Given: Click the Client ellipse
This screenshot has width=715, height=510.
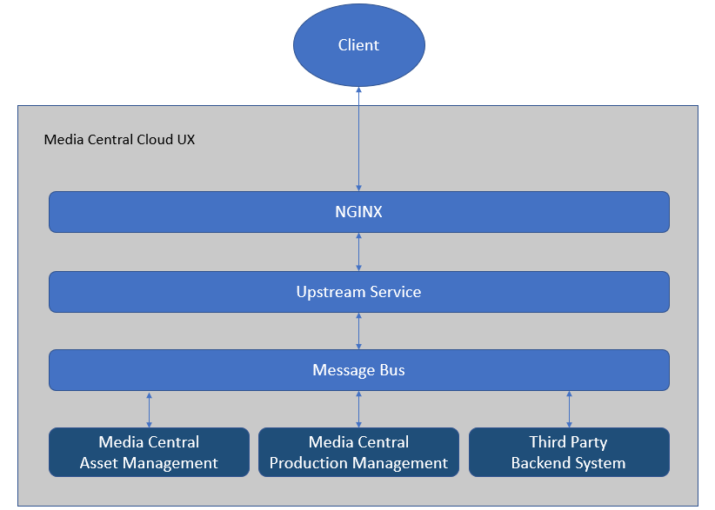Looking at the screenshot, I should (x=358, y=45).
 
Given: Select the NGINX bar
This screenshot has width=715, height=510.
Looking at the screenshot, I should (x=358, y=212).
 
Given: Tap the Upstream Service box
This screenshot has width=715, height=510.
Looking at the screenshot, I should (x=358, y=292).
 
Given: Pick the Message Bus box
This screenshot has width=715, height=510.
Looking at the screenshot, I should (x=358, y=370).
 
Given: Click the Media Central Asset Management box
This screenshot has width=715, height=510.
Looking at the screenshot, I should (x=149, y=452).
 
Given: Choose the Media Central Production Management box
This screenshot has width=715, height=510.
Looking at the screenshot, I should (x=358, y=452).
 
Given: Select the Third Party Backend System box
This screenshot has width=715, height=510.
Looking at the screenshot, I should (x=569, y=452).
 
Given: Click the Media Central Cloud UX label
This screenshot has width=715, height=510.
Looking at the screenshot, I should (x=119, y=139).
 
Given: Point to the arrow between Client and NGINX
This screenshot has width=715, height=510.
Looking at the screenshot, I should (x=358, y=139).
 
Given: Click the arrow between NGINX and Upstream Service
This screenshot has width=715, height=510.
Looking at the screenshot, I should (x=358, y=252).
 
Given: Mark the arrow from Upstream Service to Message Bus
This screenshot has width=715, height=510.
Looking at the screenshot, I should (x=358, y=331).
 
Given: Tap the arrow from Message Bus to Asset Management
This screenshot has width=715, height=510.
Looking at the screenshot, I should (x=149, y=408).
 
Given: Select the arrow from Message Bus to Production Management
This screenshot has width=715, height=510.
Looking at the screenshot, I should (x=358, y=408).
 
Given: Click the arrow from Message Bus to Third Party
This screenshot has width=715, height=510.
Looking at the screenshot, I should (x=569, y=408).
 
